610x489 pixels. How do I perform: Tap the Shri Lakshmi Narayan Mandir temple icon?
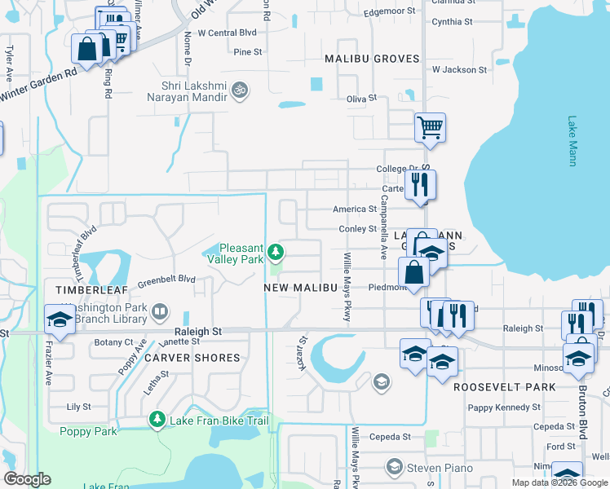point(240,89)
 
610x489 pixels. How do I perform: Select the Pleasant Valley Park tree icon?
point(277,252)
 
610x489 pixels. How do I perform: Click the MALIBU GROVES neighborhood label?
point(372,59)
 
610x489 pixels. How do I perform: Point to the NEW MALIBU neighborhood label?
point(300,288)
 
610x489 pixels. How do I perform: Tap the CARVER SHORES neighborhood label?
point(192,358)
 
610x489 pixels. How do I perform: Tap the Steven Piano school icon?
point(395,466)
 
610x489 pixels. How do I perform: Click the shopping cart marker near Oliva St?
point(429,127)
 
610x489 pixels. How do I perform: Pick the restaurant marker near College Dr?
point(420,184)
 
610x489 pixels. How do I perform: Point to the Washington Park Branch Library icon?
point(161,311)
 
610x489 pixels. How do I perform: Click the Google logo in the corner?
point(27,479)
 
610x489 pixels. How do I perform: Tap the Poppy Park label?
point(88,431)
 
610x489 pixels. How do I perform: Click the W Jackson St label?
point(459,70)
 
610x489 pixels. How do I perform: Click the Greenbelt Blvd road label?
point(166,280)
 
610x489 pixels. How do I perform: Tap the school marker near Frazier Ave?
point(59,320)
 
